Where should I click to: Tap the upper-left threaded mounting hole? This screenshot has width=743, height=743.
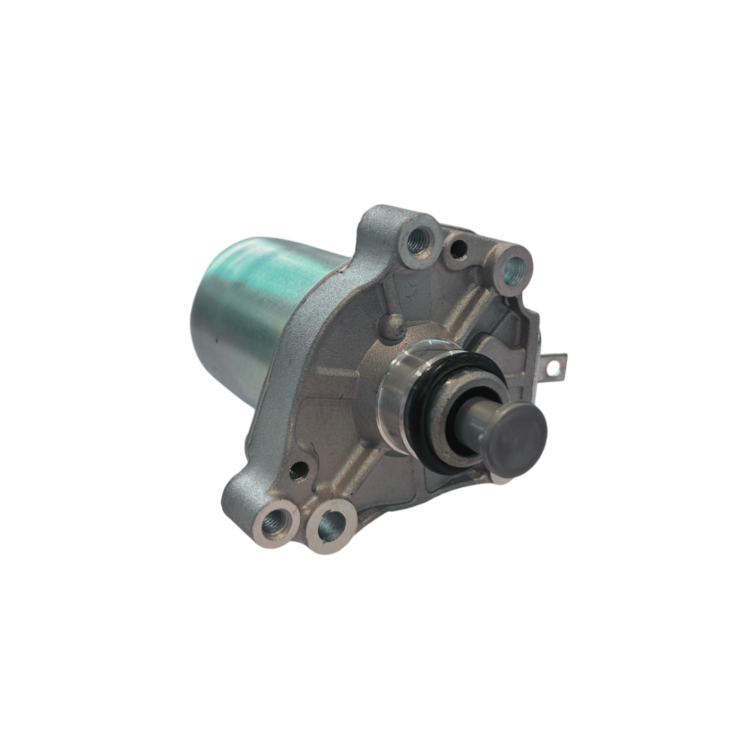(x=417, y=239)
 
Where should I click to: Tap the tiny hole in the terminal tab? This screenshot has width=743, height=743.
(x=551, y=369)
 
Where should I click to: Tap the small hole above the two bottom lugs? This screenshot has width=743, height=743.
(x=299, y=471)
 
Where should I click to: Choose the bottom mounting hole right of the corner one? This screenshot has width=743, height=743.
(x=331, y=527)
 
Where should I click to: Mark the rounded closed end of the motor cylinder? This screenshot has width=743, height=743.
(x=206, y=323)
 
